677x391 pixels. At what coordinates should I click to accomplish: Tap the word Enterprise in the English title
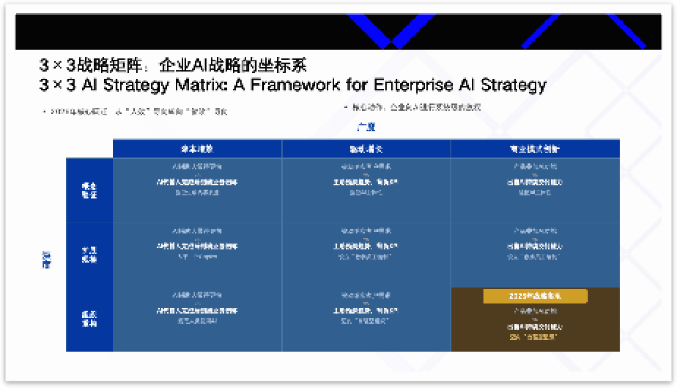(x=413, y=85)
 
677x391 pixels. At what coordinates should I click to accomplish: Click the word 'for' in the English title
(x=356, y=85)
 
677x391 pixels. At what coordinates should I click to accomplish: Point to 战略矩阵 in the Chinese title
(x=109, y=65)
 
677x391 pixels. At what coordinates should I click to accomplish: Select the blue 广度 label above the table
(x=366, y=127)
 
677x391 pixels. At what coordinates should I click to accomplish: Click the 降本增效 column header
(x=197, y=149)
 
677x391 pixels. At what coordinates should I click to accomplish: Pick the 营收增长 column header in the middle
(x=366, y=149)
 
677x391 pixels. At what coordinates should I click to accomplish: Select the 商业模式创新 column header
(x=535, y=149)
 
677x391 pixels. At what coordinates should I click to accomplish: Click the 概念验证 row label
(x=89, y=190)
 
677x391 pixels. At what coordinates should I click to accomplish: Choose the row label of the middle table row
(x=89, y=255)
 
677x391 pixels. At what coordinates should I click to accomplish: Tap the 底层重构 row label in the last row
(x=89, y=318)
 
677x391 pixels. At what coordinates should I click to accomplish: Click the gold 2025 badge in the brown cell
(x=535, y=296)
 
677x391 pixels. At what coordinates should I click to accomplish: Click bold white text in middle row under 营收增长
(x=365, y=246)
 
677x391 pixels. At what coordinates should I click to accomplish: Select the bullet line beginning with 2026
(x=135, y=111)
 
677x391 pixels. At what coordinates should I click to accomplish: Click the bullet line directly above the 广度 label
(x=413, y=107)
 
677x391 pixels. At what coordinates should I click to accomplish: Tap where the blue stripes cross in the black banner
(x=391, y=42)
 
